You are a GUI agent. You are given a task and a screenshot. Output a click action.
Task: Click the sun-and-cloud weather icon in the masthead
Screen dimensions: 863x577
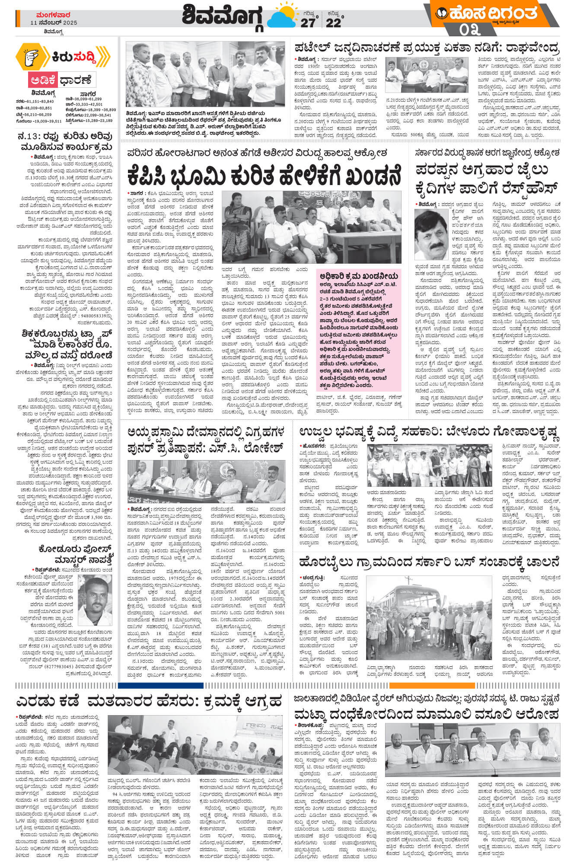point(282,17)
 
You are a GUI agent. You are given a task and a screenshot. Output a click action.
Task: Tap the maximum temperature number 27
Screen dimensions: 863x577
point(308,23)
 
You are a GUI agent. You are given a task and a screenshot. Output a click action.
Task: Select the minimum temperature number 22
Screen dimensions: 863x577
point(333,23)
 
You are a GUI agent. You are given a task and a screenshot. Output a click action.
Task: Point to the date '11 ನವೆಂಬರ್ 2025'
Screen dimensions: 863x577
point(54,22)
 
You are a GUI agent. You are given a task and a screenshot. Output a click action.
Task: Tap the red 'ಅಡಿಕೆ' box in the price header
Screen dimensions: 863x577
point(42,80)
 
